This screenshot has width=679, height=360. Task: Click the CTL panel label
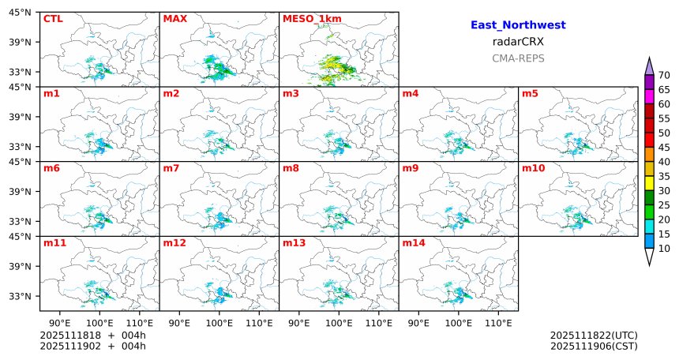[x=52, y=18]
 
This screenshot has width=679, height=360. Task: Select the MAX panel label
[x=174, y=18]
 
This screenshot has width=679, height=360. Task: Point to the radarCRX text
[x=518, y=42]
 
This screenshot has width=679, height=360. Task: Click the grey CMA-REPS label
[x=518, y=58]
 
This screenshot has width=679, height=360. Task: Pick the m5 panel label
[x=531, y=94]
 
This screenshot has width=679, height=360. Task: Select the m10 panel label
[x=533, y=168]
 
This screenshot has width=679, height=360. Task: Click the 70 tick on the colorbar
[x=664, y=75]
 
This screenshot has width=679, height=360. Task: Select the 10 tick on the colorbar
[x=664, y=249]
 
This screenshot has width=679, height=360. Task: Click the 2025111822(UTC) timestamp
[x=594, y=336]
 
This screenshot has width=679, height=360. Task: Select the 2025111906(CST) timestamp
[x=594, y=346]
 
